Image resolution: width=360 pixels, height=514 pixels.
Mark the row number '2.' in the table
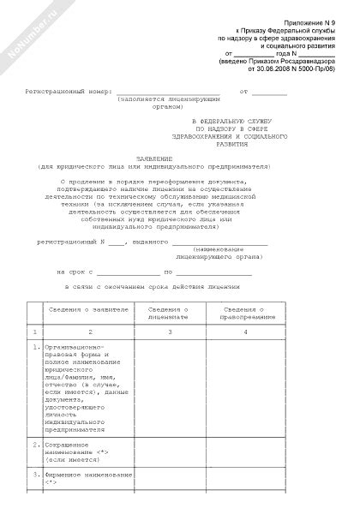coord(34,445)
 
